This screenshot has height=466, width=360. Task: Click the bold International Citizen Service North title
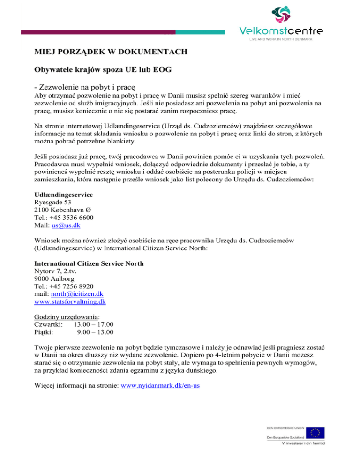[89, 263]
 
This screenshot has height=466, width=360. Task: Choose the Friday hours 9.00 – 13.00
[96, 332]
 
